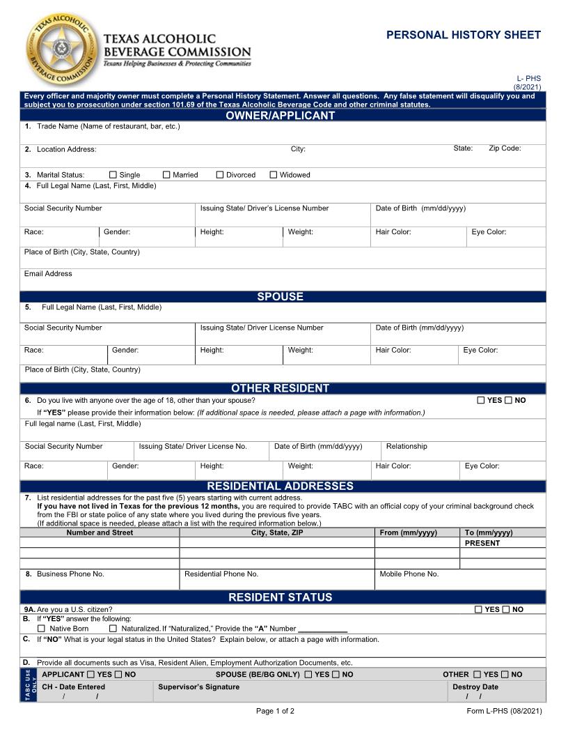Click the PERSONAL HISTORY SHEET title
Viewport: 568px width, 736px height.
pos(463,35)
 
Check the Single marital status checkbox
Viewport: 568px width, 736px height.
pos(113,175)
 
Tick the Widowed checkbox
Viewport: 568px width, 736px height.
pos(274,175)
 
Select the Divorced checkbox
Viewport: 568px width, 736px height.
pos(220,175)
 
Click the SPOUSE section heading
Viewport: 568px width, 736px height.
pos(280,297)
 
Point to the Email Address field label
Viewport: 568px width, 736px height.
pos(48,274)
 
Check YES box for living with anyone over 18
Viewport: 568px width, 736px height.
pos(481,401)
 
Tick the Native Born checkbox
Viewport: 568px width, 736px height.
pos(41,629)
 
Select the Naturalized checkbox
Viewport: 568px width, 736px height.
pos(113,629)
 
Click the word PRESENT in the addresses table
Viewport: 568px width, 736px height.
pos(482,543)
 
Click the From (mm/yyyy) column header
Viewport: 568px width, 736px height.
pos(408,532)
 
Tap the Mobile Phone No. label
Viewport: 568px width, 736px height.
pos(409,574)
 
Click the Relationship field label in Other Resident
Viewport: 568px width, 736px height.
pos(407,447)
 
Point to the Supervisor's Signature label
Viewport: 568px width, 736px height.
pos(198,687)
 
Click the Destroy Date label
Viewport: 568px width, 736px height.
pos(475,687)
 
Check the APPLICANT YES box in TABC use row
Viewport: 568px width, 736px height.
pos(90,675)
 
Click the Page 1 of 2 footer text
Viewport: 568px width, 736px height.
pos(275,712)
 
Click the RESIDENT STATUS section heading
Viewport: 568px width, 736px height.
pos(280,597)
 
